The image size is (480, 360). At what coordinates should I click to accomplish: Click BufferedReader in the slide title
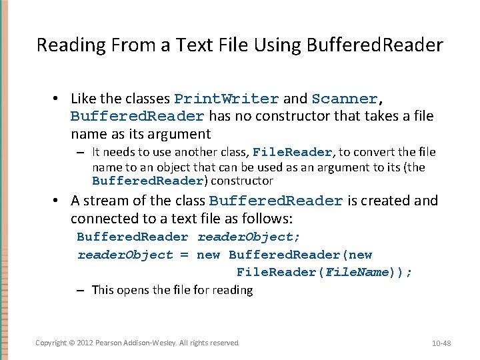[375, 45]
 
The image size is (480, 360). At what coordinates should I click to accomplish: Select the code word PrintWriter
[227, 99]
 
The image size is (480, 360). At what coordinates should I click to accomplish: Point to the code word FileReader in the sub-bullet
[293, 152]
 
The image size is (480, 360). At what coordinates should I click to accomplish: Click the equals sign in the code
[185, 255]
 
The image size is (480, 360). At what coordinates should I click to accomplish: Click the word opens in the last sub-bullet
[135, 290]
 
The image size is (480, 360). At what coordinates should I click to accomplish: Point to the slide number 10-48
[441, 343]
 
